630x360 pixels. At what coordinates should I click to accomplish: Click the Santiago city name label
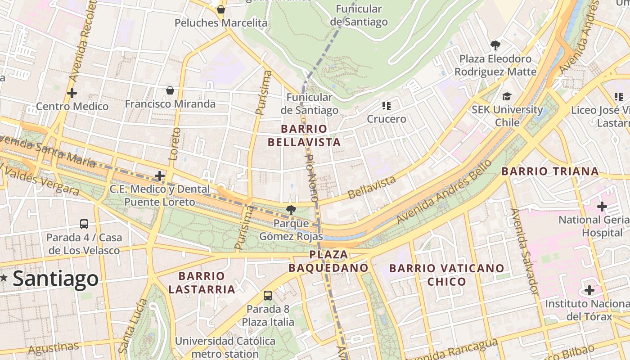click(55, 279)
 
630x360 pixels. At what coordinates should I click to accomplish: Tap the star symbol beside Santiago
click(4, 278)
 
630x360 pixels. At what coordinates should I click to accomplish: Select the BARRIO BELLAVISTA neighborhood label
click(304, 135)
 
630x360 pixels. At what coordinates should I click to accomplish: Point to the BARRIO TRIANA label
click(550, 171)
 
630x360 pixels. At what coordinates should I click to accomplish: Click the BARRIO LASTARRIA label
click(202, 283)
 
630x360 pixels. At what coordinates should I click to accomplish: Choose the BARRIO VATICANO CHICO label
click(446, 275)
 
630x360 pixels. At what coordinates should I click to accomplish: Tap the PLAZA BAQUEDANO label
click(328, 261)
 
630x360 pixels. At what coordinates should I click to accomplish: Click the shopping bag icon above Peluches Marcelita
click(220, 9)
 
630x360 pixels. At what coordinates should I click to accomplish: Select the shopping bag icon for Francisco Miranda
click(170, 90)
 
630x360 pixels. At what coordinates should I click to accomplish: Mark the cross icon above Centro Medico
click(72, 93)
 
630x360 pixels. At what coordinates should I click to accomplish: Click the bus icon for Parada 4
click(84, 224)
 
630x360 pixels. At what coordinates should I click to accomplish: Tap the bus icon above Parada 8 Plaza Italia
click(268, 296)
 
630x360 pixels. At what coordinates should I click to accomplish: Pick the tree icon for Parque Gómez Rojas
click(291, 210)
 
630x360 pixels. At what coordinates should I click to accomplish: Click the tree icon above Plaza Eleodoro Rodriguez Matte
click(495, 45)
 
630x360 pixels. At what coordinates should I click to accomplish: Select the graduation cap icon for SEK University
click(507, 96)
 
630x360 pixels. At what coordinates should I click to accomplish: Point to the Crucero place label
click(387, 119)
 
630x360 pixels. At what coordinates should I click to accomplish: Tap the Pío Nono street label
click(311, 177)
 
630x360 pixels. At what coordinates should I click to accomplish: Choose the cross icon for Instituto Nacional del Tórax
click(589, 290)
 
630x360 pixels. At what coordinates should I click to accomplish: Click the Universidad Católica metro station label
click(225, 347)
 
